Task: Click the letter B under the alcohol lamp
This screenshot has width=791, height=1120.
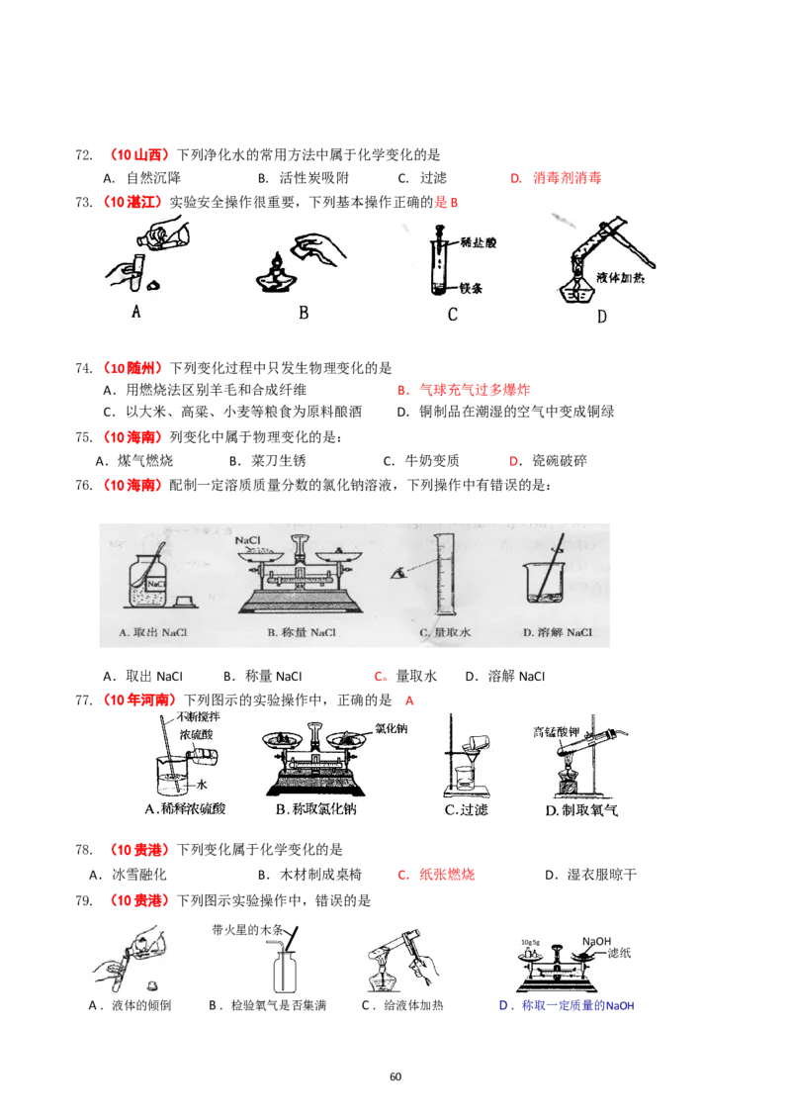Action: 304,313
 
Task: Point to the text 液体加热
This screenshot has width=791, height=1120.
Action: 622,278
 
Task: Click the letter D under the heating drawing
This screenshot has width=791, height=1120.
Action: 601,317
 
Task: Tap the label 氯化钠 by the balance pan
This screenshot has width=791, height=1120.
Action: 392,729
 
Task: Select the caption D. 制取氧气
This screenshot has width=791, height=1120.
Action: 581,809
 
